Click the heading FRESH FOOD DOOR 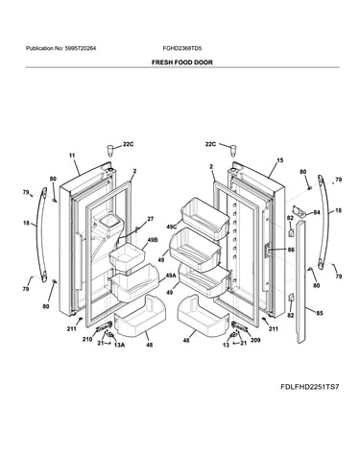[181, 62]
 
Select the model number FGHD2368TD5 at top [182, 49]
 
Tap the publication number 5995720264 [80, 49]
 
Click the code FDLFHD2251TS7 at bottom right [309, 387]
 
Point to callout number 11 [72, 156]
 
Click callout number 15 [280, 160]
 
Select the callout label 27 [151, 219]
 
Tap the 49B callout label [153, 239]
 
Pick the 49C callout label [172, 227]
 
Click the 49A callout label [171, 276]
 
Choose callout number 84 [317, 212]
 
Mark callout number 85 [320, 313]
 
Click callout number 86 [291, 250]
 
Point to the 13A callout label [119, 345]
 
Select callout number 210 [87, 339]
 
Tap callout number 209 [255, 340]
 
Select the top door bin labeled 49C [205, 218]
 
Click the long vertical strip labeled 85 [300, 281]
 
